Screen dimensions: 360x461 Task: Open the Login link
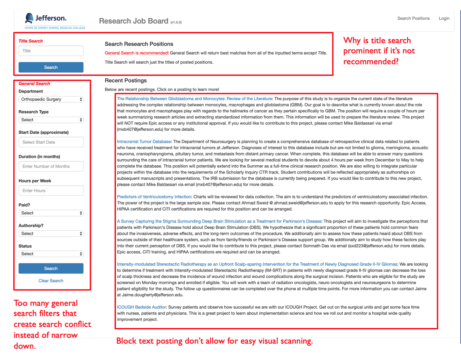(444, 18)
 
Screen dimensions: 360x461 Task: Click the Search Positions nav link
(413, 18)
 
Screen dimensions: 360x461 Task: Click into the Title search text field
(51, 51)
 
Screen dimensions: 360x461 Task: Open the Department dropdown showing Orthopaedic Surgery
(51, 99)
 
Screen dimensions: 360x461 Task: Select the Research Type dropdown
(51, 120)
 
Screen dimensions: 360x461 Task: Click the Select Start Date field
(51, 142)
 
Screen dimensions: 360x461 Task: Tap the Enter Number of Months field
(51, 166)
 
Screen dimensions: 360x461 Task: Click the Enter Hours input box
(51, 191)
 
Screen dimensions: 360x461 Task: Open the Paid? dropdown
(51, 213)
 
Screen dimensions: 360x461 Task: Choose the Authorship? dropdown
(51, 233)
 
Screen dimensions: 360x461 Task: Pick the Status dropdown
(51, 254)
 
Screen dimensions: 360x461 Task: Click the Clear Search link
(51, 281)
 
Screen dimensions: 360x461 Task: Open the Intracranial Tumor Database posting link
(144, 142)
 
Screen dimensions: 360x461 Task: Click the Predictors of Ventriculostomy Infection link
(154, 197)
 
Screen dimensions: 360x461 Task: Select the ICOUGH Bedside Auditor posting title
(141, 307)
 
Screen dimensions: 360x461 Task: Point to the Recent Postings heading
(126, 81)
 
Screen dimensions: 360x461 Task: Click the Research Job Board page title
(134, 21)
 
